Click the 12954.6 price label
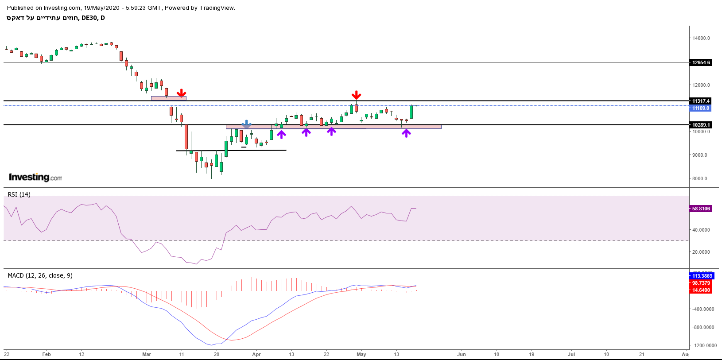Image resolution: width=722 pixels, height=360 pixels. coord(701,62)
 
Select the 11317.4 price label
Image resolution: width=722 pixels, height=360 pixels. coord(701,101)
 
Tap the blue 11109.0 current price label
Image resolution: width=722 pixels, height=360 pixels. coord(701,108)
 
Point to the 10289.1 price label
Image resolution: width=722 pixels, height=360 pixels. coord(701,125)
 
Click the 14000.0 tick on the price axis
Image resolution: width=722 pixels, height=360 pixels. coord(701,38)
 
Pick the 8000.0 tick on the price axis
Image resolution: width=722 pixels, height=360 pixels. coord(700,178)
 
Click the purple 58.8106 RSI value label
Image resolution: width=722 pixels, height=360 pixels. coord(701,209)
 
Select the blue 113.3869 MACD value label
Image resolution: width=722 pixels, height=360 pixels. coord(702,276)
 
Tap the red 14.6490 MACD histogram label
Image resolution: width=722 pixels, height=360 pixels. coord(701,290)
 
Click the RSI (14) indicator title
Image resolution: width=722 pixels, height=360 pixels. coord(19,194)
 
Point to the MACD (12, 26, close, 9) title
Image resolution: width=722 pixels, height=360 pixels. coord(40,275)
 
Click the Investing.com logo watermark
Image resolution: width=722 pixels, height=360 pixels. coord(35,177)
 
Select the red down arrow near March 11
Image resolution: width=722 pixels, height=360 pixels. coord(181,93)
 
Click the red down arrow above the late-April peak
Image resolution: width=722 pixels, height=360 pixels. coord(356,95)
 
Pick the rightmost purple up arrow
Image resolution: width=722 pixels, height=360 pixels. coord(406,132)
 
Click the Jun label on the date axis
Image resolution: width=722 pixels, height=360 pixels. coord(462,354)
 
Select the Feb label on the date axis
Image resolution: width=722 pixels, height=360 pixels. coord(47,354)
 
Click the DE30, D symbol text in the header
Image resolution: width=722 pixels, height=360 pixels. coord(93,18)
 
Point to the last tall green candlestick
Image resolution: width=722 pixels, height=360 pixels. coord(411,112)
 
